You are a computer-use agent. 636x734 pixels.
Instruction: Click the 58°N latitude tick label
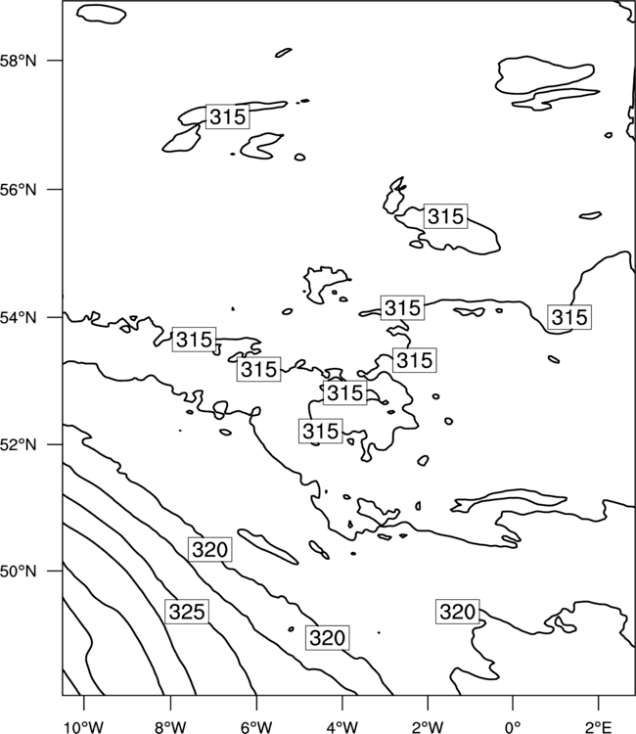coord(18,61)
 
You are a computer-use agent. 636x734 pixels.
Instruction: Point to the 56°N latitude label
coord(18,190)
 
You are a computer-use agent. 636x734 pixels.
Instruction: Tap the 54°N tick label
coord(18,318)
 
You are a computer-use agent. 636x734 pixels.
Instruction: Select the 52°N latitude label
coord(18,444)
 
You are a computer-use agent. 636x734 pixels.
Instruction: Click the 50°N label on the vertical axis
coord(18,572)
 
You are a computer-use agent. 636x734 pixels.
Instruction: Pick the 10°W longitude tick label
coord(84,727)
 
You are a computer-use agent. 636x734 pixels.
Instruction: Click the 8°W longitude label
coord(170,727)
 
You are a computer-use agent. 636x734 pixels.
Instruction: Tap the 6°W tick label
coord(256,727)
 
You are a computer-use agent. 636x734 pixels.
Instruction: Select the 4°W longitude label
coord(342,727)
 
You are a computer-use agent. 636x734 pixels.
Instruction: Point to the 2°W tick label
coord(428,727)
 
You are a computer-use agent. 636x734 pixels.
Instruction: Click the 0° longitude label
coord(513,727)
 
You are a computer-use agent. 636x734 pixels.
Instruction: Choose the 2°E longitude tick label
coord(599,727)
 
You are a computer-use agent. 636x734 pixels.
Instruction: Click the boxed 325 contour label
coord(187,612)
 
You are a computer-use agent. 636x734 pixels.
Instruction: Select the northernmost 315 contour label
coord(227,116)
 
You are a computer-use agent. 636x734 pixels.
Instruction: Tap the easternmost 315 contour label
coord(569,317)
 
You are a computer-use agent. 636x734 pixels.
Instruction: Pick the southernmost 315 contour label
coord(321,432)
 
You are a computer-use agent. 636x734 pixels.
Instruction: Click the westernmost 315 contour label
coord(194,340)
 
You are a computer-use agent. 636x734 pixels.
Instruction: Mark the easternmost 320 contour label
coord(458,612)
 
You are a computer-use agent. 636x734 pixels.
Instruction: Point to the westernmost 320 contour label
coord(210,550)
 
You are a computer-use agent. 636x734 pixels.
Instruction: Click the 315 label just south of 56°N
coord(445,216)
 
